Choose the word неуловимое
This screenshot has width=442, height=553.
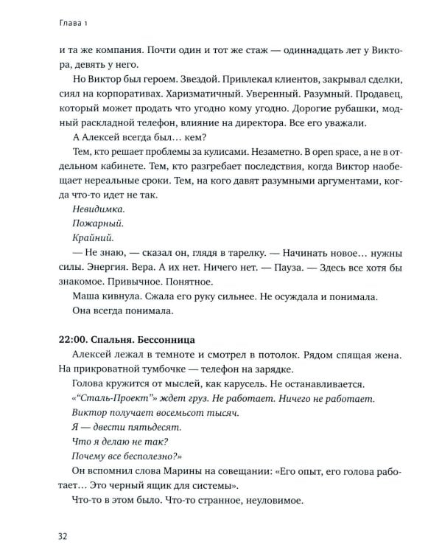pyautogui.click(x=274, y=501)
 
